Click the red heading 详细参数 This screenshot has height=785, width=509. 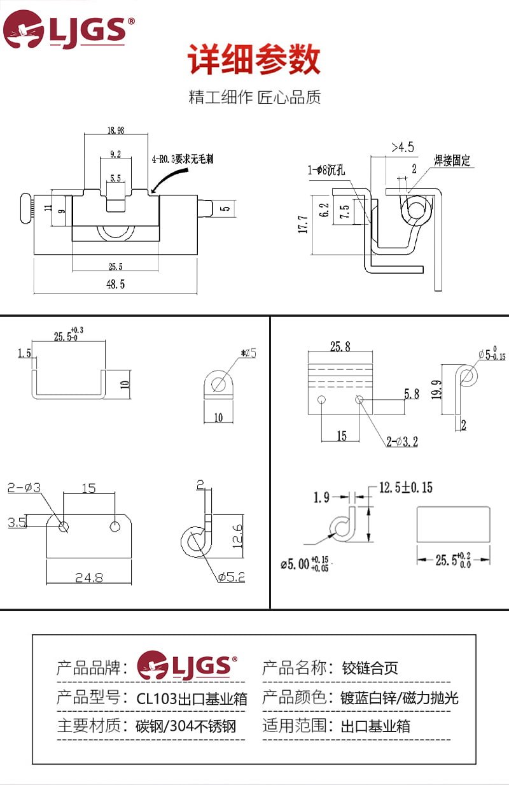(254, 61)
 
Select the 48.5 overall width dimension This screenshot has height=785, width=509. (115, 284)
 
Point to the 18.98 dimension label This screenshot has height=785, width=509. (116, 131)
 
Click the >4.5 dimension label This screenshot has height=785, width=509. (402, 147)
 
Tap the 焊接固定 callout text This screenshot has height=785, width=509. (452, 160)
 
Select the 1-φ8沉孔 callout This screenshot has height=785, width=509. (326, 170)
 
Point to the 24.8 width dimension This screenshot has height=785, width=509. (88, 577)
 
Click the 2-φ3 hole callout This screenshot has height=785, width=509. (24, 488)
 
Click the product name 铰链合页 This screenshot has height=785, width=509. (370, 668)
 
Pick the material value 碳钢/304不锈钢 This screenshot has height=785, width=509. (186, 726)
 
